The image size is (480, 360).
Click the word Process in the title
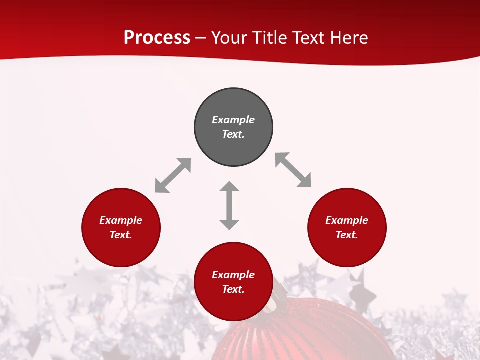(x=157, y=38)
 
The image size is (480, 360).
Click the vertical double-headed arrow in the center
(x=229, y=206)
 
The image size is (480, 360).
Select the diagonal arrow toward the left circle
(x=173, y=175)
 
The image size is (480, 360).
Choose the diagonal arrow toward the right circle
(x=293, y=170)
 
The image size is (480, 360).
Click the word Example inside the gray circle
(x=233, y=120)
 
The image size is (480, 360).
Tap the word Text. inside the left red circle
(x=121, y=235)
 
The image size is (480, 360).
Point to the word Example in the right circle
(x=347, y=220)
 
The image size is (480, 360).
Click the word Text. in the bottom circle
(x=233, y=289)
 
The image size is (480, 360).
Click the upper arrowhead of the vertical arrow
(x=229, y=187)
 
